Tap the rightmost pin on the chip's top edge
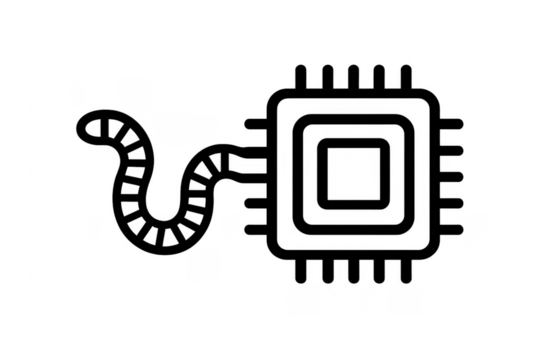406,72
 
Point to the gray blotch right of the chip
476,224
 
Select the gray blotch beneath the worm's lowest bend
206,262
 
